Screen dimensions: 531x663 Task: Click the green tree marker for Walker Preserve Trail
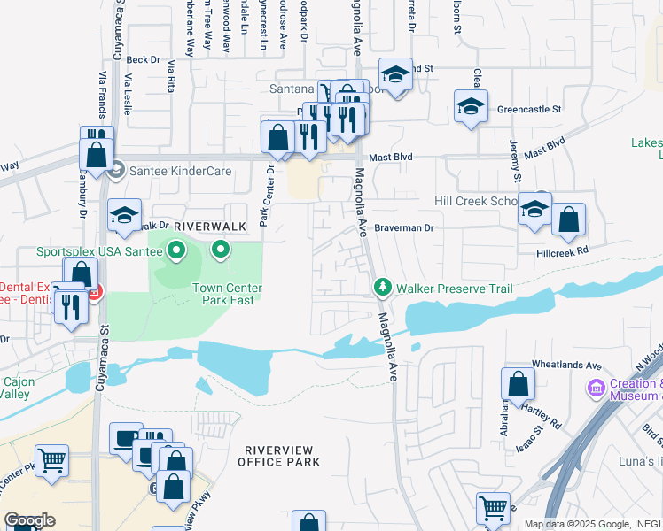click(x=383, y=288)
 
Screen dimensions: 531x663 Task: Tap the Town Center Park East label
click(x=224, y=294)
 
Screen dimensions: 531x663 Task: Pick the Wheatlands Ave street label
click(x=566, y=365)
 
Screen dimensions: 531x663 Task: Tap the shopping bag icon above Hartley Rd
click(x=518, y=385)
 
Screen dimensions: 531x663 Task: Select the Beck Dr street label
click(x=142, y=60)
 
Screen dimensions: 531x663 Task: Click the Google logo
click(x=29, y=520)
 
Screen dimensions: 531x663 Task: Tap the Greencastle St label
click(x=529, y=110)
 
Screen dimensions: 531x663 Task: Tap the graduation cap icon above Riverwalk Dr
click(x=124, y=214)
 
